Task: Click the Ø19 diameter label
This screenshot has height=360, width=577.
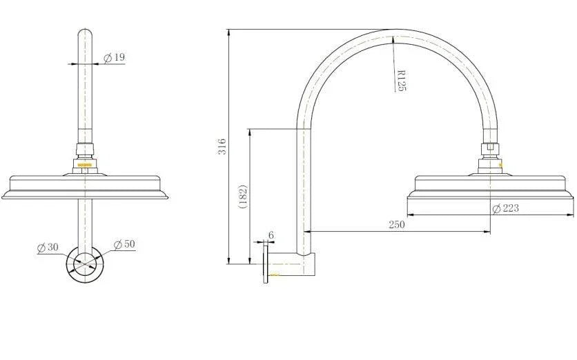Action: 115,57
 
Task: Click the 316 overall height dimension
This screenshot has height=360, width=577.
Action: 222,146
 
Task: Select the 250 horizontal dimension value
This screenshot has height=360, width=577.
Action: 396,224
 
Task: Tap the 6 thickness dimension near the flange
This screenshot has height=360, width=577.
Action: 271,235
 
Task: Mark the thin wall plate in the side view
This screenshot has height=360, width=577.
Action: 265,264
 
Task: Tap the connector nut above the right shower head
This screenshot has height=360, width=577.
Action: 491,151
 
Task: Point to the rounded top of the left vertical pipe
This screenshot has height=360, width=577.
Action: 85,32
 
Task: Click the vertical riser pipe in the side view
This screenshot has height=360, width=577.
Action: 302,186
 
